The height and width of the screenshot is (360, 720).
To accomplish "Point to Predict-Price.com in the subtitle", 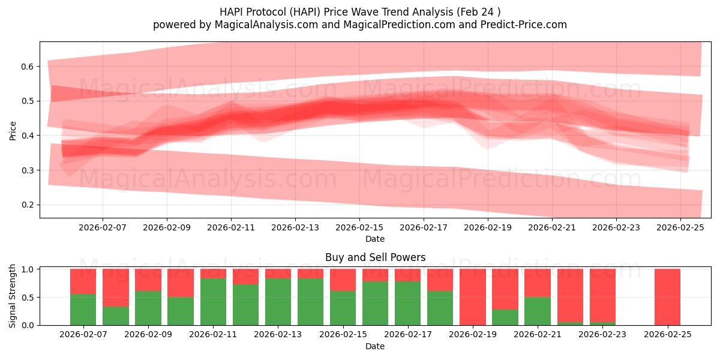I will (x=523, y=25).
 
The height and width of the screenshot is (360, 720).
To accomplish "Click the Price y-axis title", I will (x=13, y=130).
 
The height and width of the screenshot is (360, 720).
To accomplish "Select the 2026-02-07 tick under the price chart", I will (x=102, y=228).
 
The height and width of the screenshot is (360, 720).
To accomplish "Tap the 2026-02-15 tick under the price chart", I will (x=359, y=228).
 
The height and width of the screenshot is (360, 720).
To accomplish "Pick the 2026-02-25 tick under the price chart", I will (x=680, y=228).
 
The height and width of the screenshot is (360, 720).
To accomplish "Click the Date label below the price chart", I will (x=375, y=239).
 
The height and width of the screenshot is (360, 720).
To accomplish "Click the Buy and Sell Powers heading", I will (x=375, y=257).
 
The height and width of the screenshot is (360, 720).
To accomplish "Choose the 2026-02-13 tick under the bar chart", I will (x=278, y=335).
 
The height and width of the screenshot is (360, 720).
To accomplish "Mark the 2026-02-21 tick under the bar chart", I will (x=535, y=335).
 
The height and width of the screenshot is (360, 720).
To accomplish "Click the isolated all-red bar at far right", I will (x=667, y=297).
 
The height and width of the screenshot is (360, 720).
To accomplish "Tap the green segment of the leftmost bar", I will (x=83, y=310).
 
